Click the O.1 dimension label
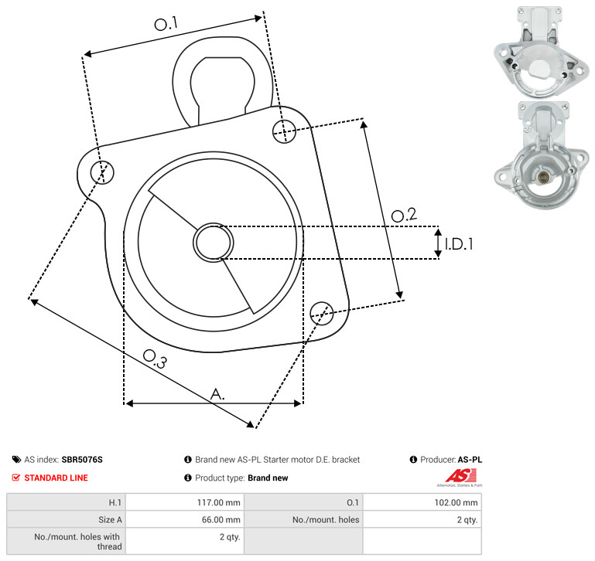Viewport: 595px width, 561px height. point(166,24)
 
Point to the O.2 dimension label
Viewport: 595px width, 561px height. point(404,215)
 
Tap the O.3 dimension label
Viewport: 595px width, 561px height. point(155,359)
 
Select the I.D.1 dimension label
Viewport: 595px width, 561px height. point(459,244)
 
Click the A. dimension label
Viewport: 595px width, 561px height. point(217,394)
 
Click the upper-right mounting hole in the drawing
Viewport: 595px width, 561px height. point(284,131)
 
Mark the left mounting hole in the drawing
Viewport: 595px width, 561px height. point(102,172)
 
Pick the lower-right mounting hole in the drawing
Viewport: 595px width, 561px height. point(322,313)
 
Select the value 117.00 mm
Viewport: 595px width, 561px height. point(218,502)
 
